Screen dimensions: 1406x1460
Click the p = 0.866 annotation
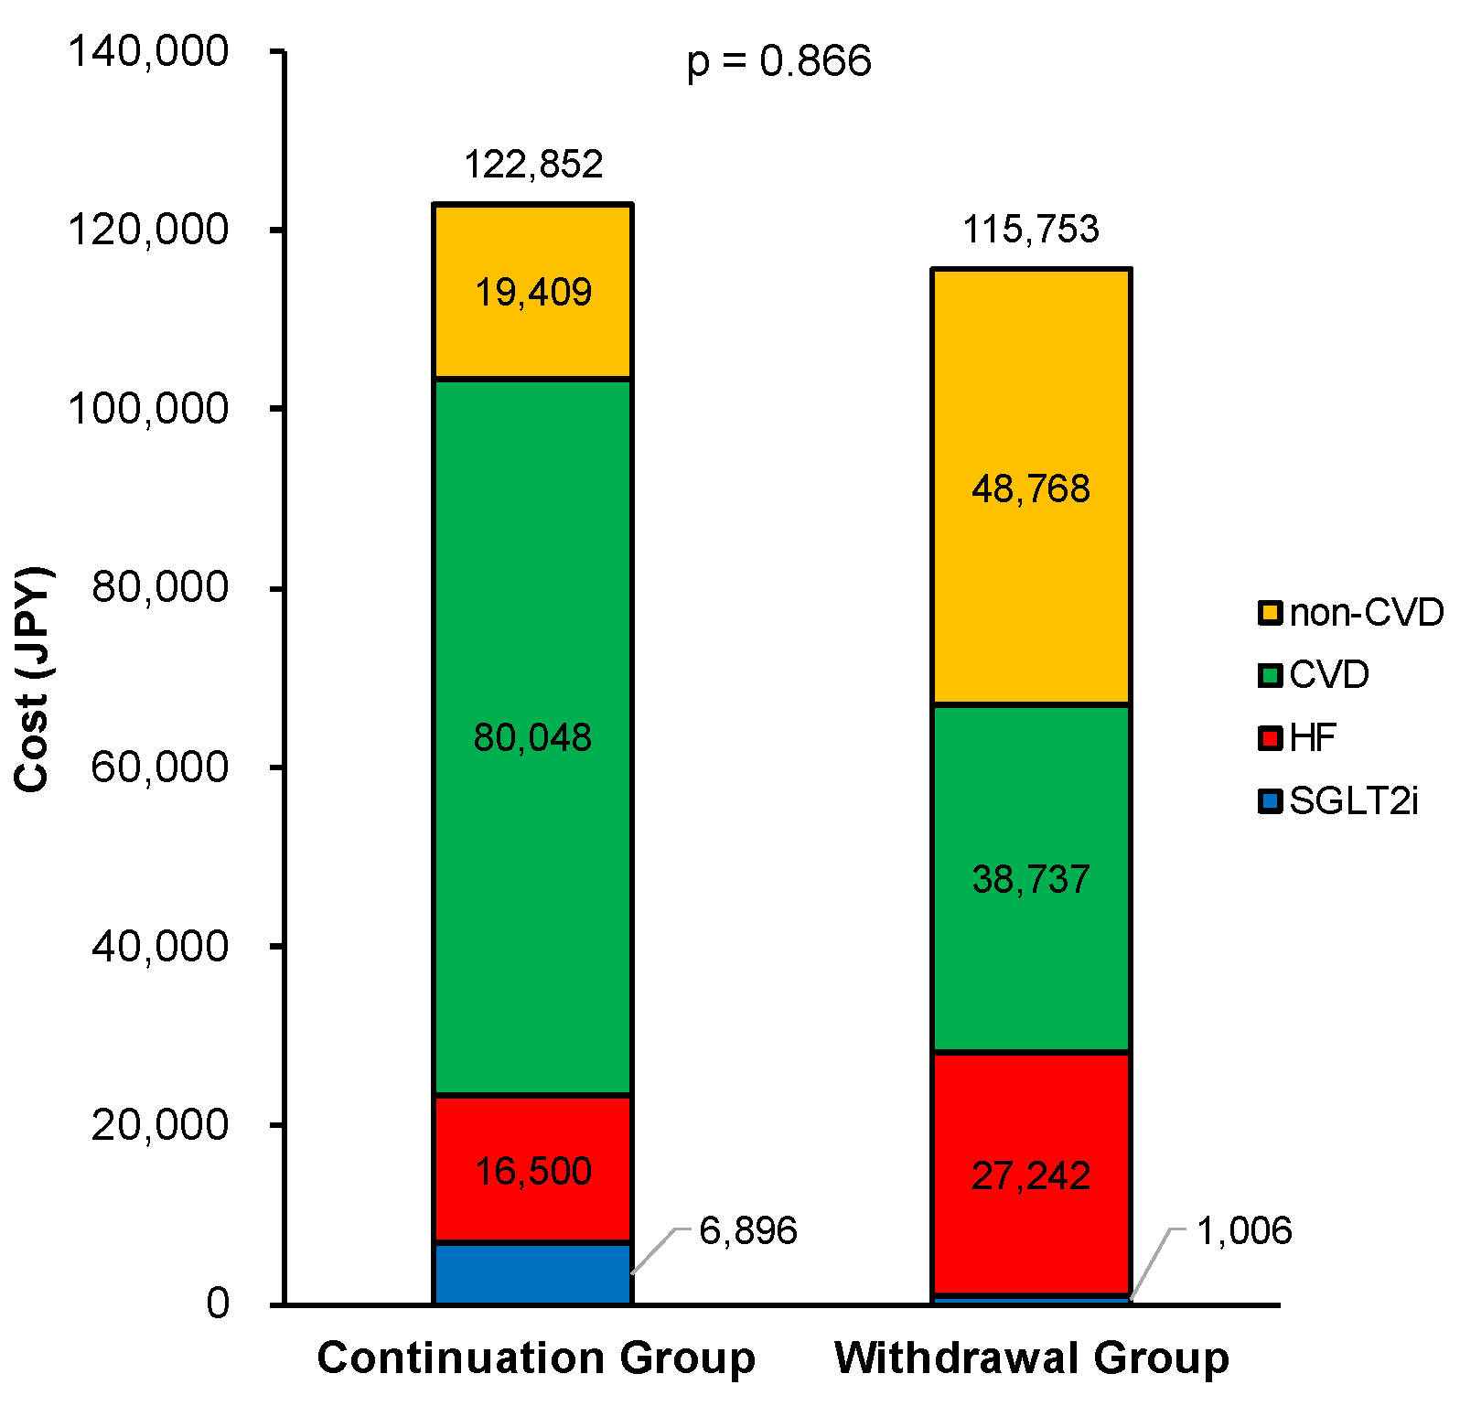pyautogui.click(x=778, y=62)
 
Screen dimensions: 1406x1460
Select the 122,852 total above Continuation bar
pyautogui.click(x=533, y=166)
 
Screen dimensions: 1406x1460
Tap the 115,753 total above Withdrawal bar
pyautogui.click(x=1030, y=230)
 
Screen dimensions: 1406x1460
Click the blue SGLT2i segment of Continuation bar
pyautogui.click(x=532, y=1273)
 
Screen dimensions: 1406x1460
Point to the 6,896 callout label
pyautogui.click(x=747, y=1231)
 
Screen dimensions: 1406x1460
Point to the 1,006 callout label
pyautogui.click(x=1244, y=1231)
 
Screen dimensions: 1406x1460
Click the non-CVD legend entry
pyautogui.click(x=1350, y=613)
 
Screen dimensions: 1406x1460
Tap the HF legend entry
pyautogui.click(x=1299, y=738)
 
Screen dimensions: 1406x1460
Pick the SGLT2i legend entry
pyautogui.click(x=1338, y=802)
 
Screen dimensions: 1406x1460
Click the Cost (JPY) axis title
pyautogui.click(x=33, y=679)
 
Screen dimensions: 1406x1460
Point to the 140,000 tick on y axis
pyautogui.click(x=148, y=52)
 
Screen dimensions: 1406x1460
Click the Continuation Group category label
pyautogui.click(x=536, y=1358)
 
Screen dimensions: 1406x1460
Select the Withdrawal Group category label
pyautogui.click(x=1032, y=1358)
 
